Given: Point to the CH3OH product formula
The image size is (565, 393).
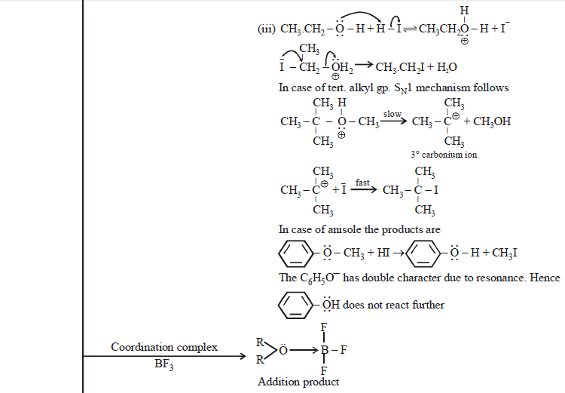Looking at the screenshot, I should click(492, 121).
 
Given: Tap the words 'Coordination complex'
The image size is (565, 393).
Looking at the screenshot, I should click(164, 347).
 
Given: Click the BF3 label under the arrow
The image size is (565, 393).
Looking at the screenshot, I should click(163, 366).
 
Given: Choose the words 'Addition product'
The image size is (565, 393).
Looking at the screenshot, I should click(298, 382).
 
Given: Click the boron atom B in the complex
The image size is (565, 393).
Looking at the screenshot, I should click(325, 350).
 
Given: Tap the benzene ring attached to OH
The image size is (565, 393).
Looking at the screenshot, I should click(295, 305).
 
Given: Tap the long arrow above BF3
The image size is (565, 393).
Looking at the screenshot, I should click(163, 357).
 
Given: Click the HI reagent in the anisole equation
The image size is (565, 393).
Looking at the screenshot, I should click(381, 253).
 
